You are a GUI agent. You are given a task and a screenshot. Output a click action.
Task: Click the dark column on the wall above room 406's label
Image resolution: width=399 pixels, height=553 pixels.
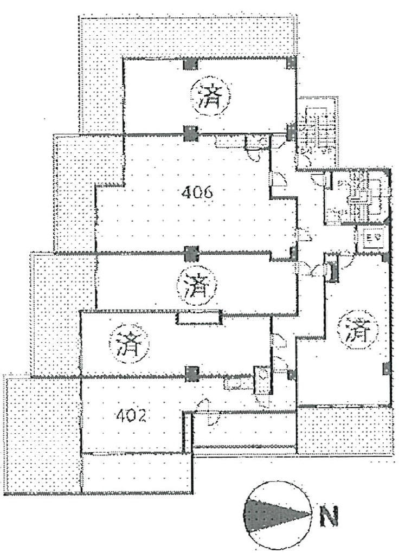tap(190, 132)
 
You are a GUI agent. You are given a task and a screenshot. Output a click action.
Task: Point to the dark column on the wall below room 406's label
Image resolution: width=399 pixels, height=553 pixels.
tap(190, 253)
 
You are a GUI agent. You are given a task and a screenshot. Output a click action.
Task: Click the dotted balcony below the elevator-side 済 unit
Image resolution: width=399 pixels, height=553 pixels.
tap(344, 431)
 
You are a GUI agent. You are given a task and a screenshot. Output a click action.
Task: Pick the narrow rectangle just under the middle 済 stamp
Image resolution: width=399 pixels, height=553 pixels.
tap(198, 318)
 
